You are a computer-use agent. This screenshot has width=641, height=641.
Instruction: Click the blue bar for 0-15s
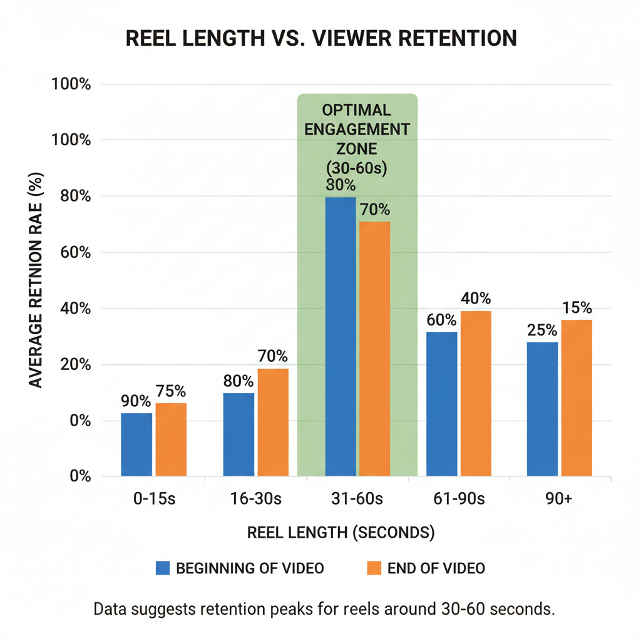pos(136,444)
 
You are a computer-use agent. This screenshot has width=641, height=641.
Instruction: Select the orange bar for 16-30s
pos(273,423)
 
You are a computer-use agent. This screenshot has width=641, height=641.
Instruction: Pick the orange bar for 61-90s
pos(476,394)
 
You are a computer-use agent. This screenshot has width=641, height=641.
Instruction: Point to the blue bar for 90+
pos(542,409)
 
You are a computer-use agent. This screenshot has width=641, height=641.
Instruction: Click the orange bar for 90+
pos(577,398)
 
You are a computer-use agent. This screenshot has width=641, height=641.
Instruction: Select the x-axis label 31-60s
pos(357,499)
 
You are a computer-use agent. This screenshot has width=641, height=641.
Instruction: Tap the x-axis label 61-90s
pos(459,499)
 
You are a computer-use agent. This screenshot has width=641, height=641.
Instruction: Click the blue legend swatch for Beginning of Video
pos(163,568)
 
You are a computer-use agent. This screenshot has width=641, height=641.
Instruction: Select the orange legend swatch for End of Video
pos(374,568)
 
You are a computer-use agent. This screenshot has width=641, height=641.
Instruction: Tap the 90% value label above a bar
pos(136,401)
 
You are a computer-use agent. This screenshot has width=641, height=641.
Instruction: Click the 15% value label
pos(577,308)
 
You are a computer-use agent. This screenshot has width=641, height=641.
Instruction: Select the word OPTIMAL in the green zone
pos(356,110)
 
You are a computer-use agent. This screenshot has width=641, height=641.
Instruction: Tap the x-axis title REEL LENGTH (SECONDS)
pos(341,533)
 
